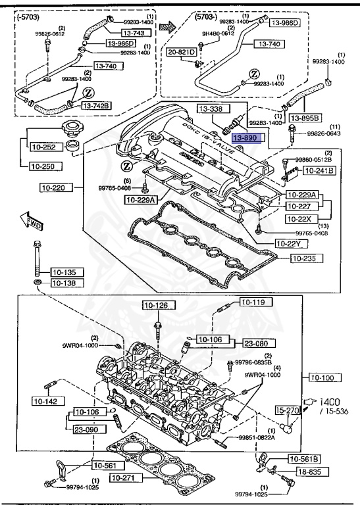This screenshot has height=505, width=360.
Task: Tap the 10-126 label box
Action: point(157,304)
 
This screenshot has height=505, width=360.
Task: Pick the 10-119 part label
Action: point(252,302)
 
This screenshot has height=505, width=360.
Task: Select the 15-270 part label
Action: point(288,410)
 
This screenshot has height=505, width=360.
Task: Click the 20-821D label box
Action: point(181,51)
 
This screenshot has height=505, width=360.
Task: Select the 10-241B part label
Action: point(317,171)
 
